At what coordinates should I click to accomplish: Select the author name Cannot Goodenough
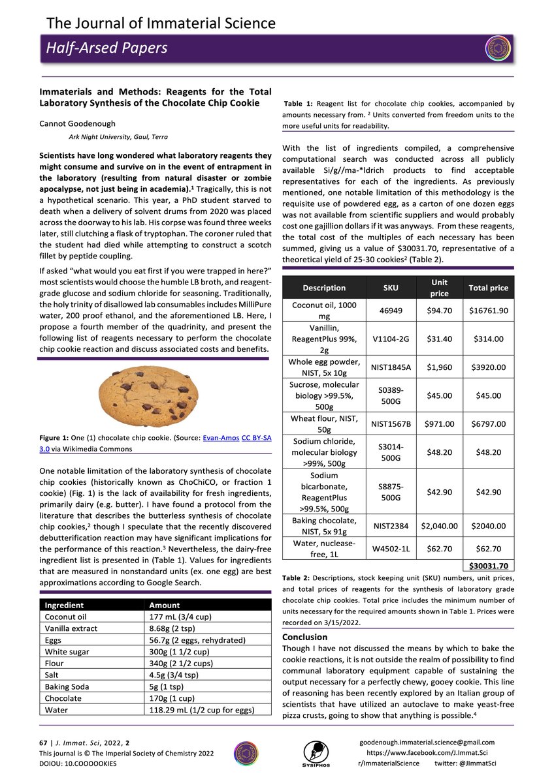pyautogui.click(x=78, y=123)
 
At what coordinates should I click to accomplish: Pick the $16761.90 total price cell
pyautogui.click(x=489, y=310)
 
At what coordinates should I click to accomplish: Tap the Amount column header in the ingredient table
pyautogui.click(x=165, y=605)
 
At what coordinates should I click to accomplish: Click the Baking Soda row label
pyautogui.click(x=67, y=686)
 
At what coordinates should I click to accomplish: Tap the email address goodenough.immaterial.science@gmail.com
pyautogui.click(x=427, y=742)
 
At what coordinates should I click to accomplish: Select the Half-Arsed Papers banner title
pyautogui.click(x=106, y=48)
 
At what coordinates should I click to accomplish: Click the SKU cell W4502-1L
pyautogui.click(x=391, y=549)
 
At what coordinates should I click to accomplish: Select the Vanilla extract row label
pyautogui.click(x=71, y=628)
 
